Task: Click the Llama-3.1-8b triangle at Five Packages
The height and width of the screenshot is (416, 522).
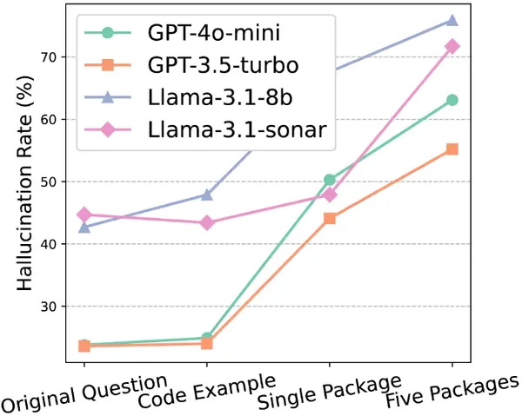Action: [452, 20]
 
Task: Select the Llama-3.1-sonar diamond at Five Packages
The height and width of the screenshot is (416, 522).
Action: [452, 46]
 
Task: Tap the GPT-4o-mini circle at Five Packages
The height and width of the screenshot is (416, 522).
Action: [452, 100]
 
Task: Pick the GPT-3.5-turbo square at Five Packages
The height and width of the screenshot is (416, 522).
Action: [452, 149]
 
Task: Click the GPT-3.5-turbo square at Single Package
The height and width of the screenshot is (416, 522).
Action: [330, 219]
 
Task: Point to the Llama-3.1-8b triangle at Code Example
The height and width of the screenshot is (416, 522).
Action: [207, 195]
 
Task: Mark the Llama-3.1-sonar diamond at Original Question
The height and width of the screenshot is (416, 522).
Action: [84, 215]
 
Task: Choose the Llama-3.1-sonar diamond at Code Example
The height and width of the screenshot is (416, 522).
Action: [207, 223]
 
